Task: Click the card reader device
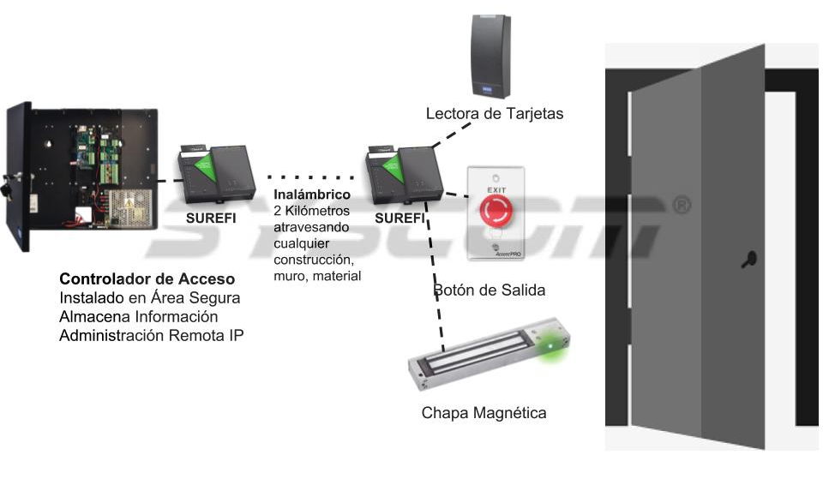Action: [x=491, y=57]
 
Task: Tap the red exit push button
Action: [x=496, y=210]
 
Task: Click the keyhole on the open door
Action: [x=749, y=260]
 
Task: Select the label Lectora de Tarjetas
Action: [x=495, y=113]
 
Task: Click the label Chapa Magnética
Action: [x=484, y=412]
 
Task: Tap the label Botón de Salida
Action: [x=490, y=290]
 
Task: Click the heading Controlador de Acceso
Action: [x=147, y=278]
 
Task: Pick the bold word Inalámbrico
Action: [x=312, y=195]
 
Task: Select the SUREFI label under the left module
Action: [x=211, y=218]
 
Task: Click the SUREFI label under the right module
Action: [x=399, y=218]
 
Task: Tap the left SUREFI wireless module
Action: [x=216, y=174]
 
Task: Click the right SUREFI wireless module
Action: [x=404, y=176]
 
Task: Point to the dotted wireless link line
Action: [x=310, y=177]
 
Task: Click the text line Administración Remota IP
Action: [x=151, y=335]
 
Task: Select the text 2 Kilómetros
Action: [x=311, y=211]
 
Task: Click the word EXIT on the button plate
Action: [x=496, y=190]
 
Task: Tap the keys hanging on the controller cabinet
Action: [x=9, y=186]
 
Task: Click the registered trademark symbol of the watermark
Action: [x=682, y=205]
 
